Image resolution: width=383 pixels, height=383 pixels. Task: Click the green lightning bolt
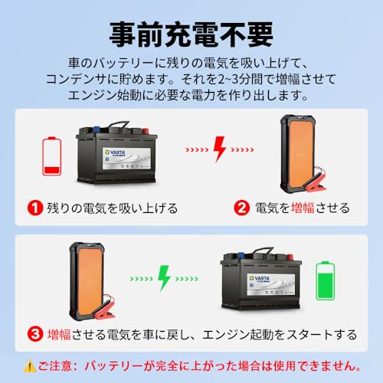163,277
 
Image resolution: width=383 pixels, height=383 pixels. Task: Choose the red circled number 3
34,334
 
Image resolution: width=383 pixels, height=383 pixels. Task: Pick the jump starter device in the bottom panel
86,277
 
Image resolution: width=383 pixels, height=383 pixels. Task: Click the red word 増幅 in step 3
62,334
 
